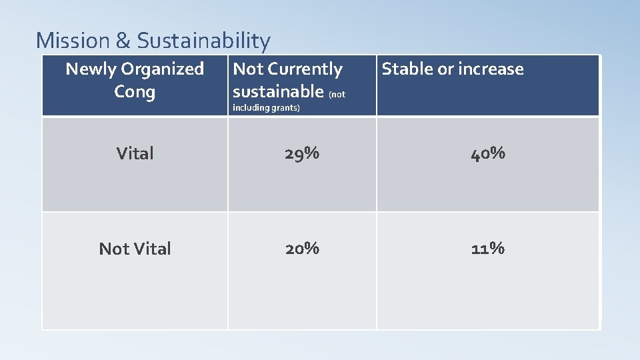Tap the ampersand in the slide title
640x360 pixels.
tap(123, 41)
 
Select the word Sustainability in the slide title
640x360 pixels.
tap(203, 41)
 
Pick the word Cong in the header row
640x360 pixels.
tap(135, 91)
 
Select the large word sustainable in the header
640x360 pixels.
tap(277, 91)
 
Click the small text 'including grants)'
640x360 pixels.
tap(266, 108)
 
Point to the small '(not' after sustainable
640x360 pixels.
tap(337, 94)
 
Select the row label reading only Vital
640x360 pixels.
tap(135, 153)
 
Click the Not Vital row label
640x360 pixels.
tap(135, 249)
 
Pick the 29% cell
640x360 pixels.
tap(302, 153)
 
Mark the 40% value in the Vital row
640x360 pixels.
tap(488, 153)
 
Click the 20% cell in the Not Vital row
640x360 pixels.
tap(302, 249)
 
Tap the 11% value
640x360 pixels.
tap(488, 249)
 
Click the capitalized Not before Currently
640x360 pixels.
tap(248, 69)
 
